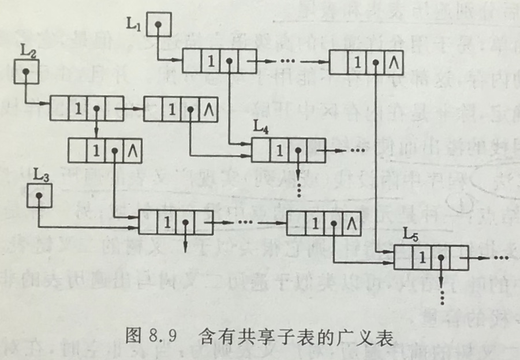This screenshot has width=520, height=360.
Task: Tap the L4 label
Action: coord(261,128)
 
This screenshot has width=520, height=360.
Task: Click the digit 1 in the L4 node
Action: coord(279,151)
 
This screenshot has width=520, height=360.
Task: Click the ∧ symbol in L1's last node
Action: coord(392,62)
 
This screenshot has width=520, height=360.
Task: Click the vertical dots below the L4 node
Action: coord(298,189)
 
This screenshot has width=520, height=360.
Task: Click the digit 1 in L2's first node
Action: coord(78,108)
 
